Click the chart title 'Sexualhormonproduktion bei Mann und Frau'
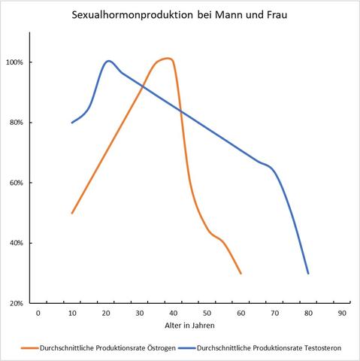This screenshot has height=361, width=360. point(180,14)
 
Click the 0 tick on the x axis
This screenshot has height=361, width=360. point(38,312)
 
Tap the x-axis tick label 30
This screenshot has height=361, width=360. point(140,312)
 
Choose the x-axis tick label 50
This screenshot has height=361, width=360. point(207,312)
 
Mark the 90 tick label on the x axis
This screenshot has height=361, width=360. point(343,312)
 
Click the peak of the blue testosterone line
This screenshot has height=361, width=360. point(109,61)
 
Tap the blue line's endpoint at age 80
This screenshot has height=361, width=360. point(308,273)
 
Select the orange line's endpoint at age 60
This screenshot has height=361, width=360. point(241,273)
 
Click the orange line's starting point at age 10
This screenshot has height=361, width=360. point(72,213)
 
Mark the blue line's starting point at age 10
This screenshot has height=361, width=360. point(72,123)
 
